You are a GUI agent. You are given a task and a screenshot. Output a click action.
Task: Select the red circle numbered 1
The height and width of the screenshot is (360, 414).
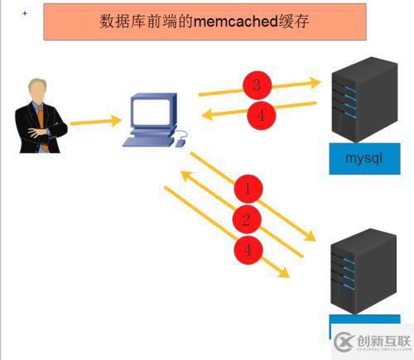247,189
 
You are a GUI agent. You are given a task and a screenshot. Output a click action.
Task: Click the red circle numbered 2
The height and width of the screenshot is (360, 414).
246,219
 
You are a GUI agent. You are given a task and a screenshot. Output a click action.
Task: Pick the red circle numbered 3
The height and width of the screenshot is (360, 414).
257,84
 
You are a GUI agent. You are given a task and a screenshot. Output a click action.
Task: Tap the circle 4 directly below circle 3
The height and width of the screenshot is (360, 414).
260,115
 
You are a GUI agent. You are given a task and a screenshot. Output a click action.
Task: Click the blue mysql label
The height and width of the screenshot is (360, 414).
359,158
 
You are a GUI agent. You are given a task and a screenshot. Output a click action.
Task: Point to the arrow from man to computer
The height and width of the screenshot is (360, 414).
95,121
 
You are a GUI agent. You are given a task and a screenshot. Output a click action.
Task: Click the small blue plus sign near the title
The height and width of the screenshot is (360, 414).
24,13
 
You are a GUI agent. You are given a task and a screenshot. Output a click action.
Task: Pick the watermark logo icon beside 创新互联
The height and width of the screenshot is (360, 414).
344,341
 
